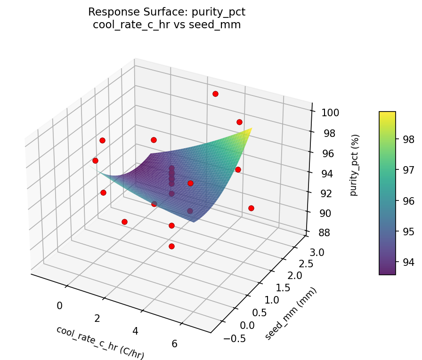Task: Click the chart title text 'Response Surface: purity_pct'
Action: (x=167, y=12)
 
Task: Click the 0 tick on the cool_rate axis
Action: (x=59, y=306)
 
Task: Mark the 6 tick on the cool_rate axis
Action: (x=174, y=344)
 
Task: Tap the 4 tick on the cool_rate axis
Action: (x=136, y=331)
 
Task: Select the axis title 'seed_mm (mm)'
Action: (x=291, y=313)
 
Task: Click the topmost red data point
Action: (x=215, y=94)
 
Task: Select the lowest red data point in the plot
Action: (x=171, y=246)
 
